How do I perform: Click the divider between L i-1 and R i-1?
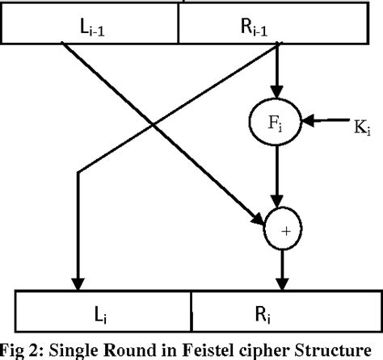177,29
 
